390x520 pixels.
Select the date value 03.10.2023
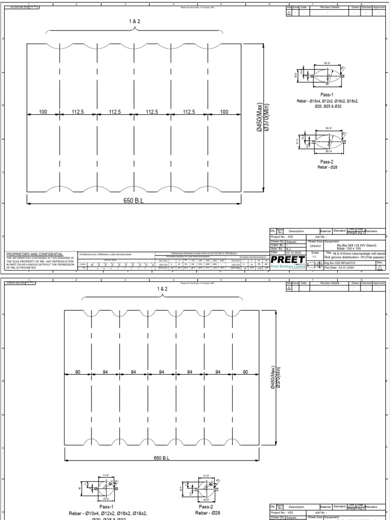click(295, 252)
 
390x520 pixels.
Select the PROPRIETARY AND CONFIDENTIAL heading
click(35, 253)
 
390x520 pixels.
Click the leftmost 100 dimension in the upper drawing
click(43, 112)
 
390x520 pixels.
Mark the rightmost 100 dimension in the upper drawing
click(223, 112)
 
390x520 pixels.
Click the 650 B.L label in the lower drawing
click(161, 458)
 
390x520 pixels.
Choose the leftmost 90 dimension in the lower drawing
click(78, 372)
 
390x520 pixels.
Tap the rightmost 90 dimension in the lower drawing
click(246, 372)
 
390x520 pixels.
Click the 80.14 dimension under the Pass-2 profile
click(329, 151)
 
